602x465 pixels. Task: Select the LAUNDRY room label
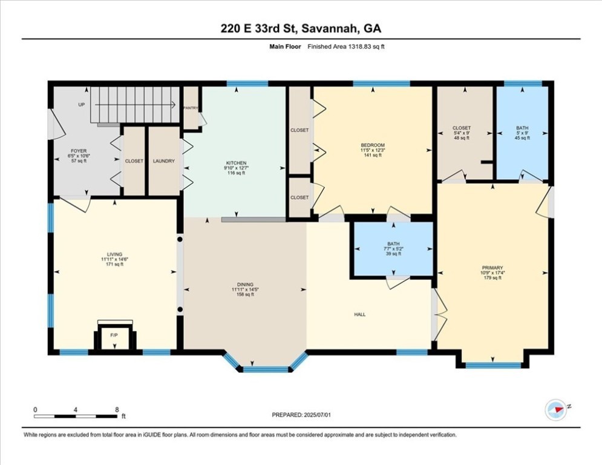click(163, 161)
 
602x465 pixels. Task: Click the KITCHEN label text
click(235, 163)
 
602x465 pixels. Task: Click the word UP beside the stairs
click(81, 104)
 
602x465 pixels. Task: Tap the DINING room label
click(245, 285)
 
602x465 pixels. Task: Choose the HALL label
click(361, 314)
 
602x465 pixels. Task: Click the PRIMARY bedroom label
click(492, 268)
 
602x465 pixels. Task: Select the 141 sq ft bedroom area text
click(373, 156)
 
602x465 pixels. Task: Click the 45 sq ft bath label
click(522, 138)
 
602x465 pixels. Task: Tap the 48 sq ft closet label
click(462, 138)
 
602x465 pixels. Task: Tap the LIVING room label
click(114, 254)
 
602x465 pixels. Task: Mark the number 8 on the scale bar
click(116, 409)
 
